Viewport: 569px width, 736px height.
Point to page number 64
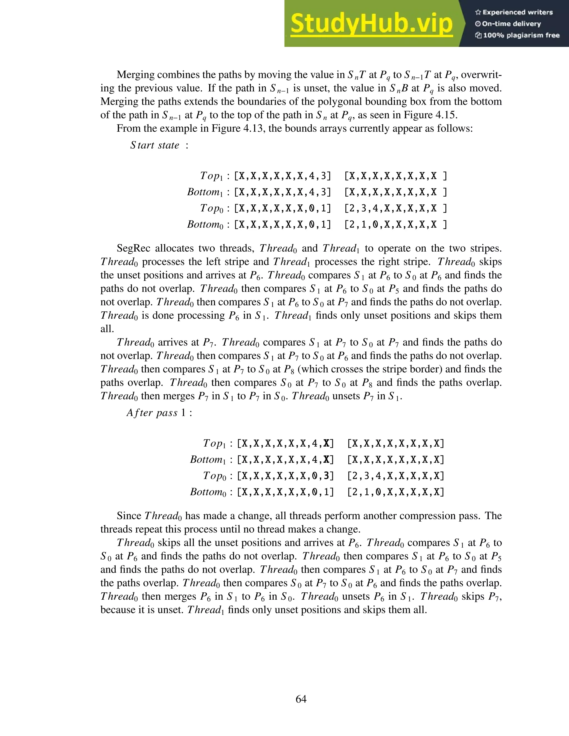point(301,699)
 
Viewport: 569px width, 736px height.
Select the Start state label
point(155,145)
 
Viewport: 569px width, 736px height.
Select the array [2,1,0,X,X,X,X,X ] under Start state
point(396,224)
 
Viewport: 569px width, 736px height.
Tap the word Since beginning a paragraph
point(129,516)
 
